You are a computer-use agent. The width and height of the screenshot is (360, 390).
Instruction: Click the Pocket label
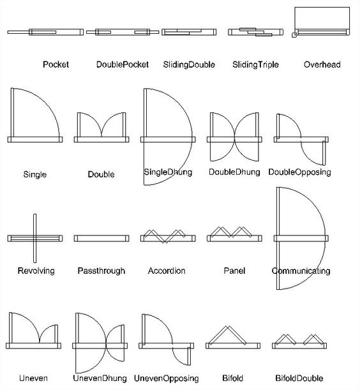(x=56, y=64)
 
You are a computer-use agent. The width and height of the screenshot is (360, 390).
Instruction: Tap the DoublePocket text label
(x=123, y=64)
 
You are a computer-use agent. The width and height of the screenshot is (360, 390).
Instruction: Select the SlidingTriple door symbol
(x=256, y=32)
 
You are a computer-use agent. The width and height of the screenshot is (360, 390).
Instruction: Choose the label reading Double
(x=101, y=174)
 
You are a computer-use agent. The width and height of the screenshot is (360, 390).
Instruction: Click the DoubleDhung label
(x=234, y=172)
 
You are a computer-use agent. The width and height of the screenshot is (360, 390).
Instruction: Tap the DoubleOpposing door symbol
(x=301, y=140)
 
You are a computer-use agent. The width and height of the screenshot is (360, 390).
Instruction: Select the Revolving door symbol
(x=35, y=238)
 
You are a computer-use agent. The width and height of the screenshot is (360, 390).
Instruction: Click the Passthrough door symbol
(x=101, y=238)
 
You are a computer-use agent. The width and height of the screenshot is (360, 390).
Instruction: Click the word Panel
(x=234, y=271)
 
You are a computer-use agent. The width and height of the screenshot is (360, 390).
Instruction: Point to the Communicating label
(x=301, y=271)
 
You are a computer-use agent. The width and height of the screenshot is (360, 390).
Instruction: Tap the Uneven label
(x=33, y=379)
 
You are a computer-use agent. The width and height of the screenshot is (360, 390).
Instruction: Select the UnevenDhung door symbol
(x=100, y=346)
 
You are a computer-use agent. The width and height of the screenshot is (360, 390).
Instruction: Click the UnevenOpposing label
(x=166, y=379)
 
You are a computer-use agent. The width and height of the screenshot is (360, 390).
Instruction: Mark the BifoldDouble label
(x=299, y=379)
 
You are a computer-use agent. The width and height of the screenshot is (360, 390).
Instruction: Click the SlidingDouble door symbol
(x=189, y=32)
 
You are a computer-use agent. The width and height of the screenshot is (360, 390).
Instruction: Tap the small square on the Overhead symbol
(x=294, y=35)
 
